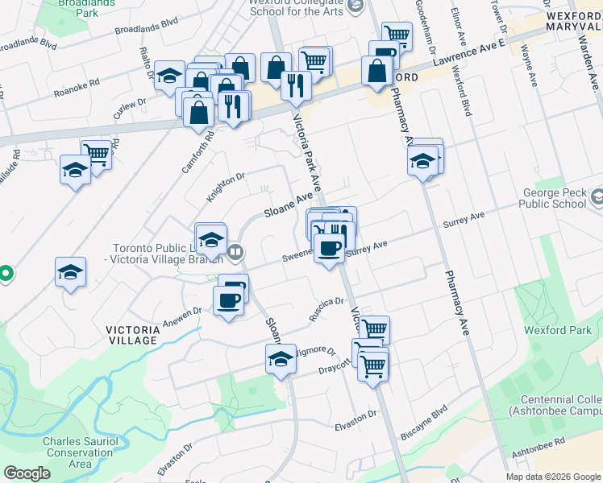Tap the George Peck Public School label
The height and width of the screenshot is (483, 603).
(554, 198)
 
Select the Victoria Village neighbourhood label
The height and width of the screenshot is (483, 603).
(133, 335)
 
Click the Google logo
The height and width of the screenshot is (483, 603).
(27, 473)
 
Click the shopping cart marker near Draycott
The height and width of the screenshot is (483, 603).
(373, 366)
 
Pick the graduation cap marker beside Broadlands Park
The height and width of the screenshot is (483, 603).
(169, 77)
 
